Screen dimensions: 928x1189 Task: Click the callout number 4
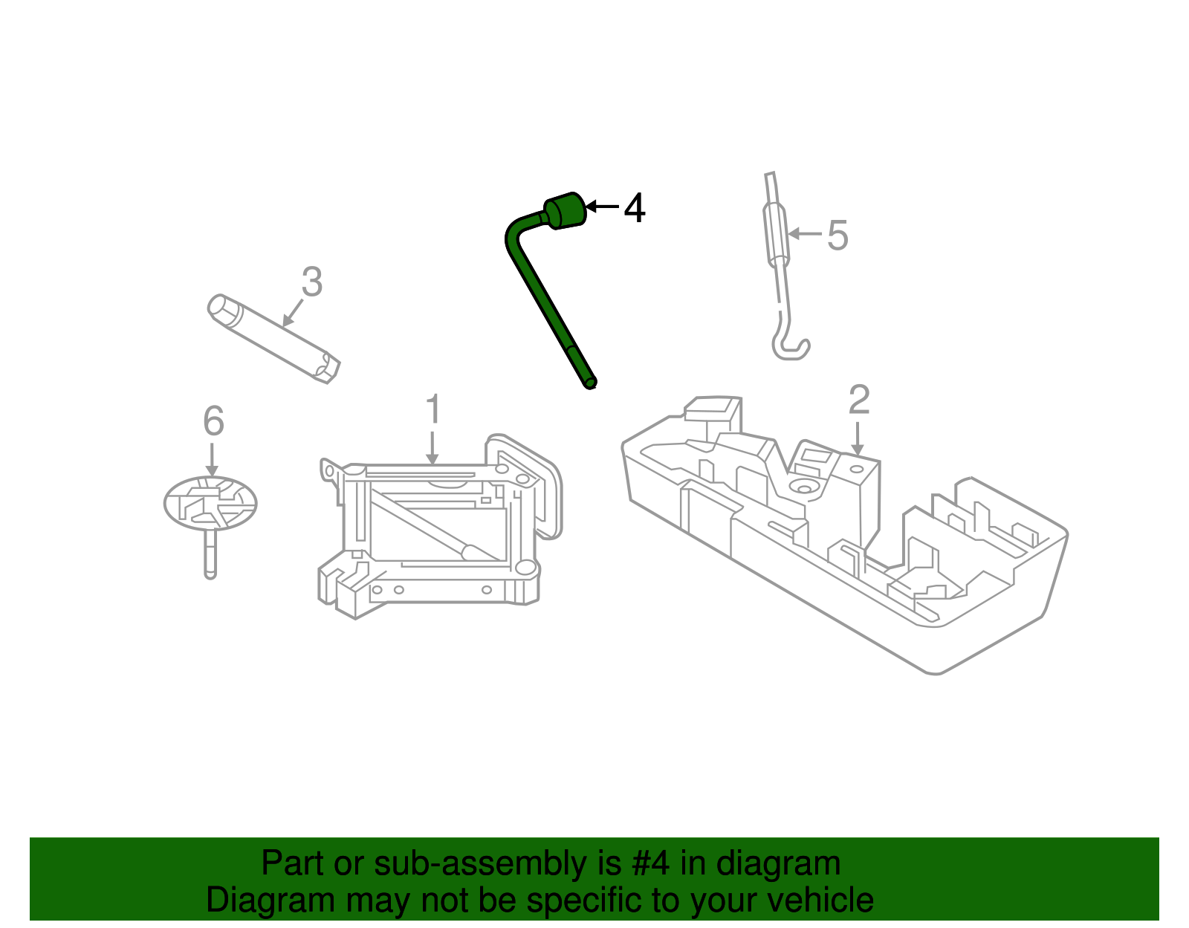(x=634, y=209)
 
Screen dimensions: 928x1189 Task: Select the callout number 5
(x=837, y=236)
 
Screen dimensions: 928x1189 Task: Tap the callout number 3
(x=312, y=282)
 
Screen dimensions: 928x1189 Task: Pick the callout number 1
(x=432, y=410)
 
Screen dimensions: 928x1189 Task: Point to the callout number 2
(x=859, y=400)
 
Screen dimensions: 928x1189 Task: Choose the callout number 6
(x=213, y=422)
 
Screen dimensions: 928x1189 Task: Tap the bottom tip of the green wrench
(x=591, y=383)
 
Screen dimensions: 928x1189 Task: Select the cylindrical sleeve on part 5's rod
(x=776, y=234)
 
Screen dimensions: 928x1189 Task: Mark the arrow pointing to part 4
(x=602, y=207)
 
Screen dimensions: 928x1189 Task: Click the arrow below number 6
(x=212, y=460)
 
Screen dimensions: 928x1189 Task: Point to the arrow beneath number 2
(x=858, y=439)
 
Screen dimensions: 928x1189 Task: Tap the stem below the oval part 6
(x=210, y=554)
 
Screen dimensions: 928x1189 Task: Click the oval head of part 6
(x=210, y=503)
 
